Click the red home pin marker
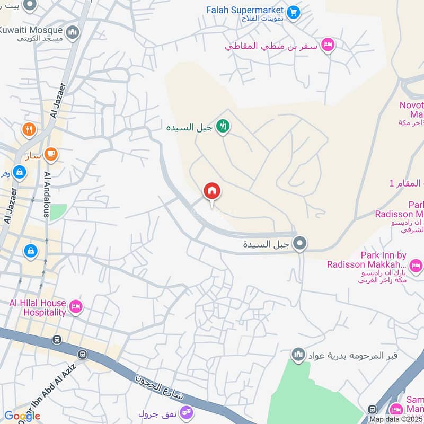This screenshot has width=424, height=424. [x=212, y=191]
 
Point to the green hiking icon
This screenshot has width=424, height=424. [x=223, y=126]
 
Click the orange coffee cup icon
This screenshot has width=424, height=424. [x=51, y=154]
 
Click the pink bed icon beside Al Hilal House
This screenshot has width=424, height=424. [x=76, y=307]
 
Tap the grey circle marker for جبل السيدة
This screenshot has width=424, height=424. [x=301, y=244]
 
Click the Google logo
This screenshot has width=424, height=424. [x=22, y=416]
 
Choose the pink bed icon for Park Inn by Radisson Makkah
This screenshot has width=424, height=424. [x=415, y=264]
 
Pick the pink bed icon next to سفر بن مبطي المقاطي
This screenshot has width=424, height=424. [x=328, y=46]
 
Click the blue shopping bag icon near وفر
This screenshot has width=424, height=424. [x=19, y=171]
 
